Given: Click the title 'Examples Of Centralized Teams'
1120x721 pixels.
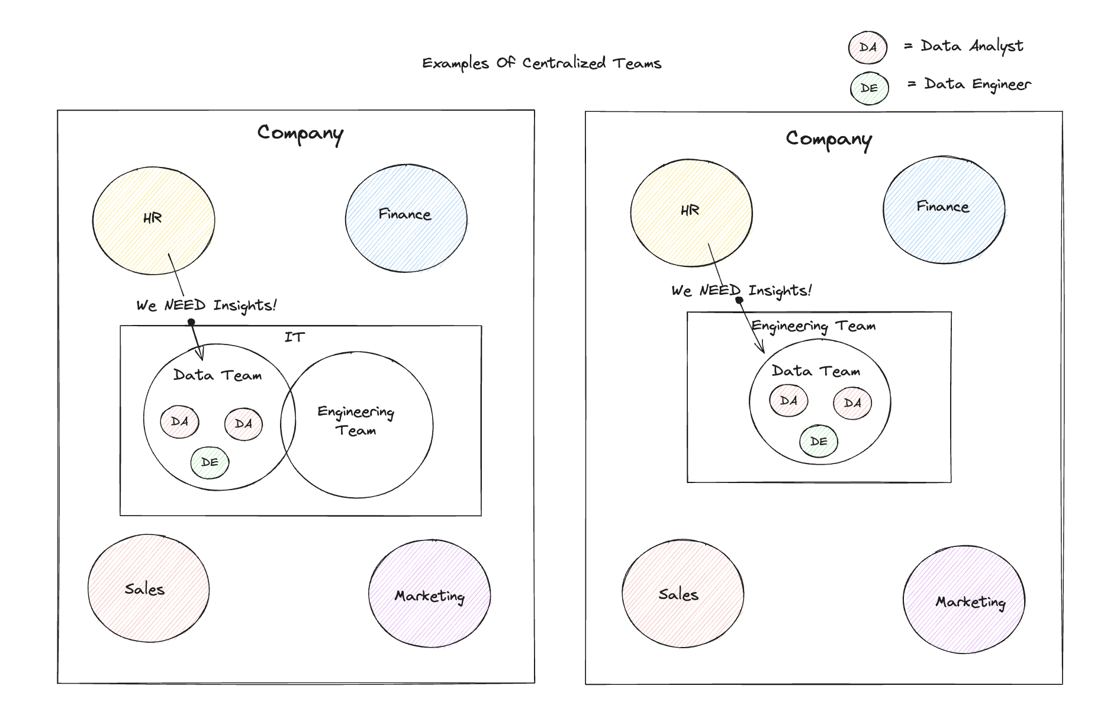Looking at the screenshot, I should (x=541, y=63).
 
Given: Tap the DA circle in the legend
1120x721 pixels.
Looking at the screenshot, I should (x=867, y=47).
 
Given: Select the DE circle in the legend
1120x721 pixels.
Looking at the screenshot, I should (x=869, y=88).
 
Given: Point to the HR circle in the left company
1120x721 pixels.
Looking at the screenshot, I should (x=153, y=220).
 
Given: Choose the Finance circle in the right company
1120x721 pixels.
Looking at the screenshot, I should (x=944, y=210).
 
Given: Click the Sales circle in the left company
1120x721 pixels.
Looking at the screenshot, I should (x=148, y=588).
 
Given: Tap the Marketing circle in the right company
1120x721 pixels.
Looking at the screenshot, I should (x=964, y=600).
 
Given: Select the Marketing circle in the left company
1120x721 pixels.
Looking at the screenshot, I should (x=429, y=594).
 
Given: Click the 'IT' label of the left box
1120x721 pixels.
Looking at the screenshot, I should (x=294, y=337).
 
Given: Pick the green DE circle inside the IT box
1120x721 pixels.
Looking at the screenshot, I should (x=210, y=462).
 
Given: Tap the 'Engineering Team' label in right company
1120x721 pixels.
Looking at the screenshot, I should (x=813, y=326).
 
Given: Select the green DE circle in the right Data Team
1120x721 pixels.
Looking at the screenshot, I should (x=818, y=442).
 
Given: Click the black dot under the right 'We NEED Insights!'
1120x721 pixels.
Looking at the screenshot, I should (x=739, y=300).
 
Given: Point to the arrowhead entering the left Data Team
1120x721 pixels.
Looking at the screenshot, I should (x=201, y=355).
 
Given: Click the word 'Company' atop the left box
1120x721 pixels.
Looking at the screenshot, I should (x=300, y=133).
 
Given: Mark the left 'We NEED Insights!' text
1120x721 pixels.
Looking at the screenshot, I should (x=206, y=305).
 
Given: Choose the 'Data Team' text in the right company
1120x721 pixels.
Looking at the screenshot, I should (x=816, y=371).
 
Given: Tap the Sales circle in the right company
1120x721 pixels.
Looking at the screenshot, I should (x=682, y=594).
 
